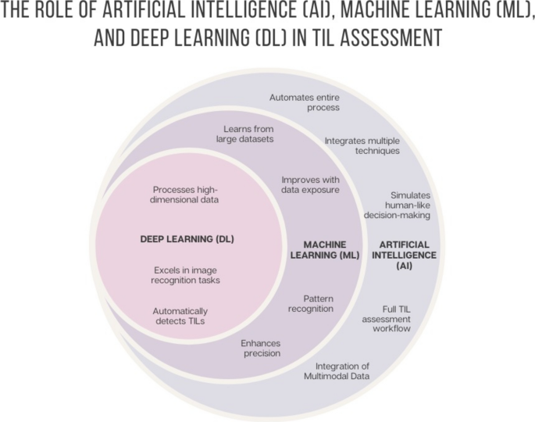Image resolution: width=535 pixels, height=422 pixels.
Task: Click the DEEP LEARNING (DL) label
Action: (186, 238)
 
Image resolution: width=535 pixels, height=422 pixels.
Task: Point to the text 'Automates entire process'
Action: (305, 102)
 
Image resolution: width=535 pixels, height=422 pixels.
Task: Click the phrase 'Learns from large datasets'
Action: (247, 134)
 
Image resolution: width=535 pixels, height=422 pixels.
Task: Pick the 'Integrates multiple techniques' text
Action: (362, 145)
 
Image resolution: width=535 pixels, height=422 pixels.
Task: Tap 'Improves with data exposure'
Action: (309, 184)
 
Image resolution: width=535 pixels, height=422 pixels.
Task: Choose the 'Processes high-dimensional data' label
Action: (185, 194)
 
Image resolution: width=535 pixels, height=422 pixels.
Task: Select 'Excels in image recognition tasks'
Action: (186, 275)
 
